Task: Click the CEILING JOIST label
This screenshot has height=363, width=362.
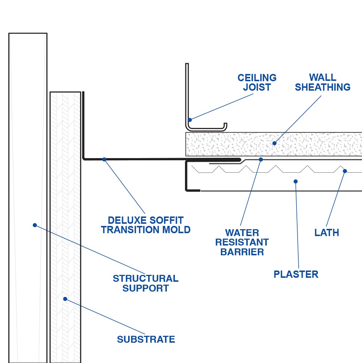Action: click(x=257, y=83)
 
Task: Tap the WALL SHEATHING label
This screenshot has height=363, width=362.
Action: click(x=323, y=83)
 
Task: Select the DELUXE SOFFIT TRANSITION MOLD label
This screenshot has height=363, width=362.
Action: click(x=146, y=225)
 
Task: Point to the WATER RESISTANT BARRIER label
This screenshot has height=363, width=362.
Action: click(x=242, y=242)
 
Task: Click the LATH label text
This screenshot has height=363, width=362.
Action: click(x=327, y=233)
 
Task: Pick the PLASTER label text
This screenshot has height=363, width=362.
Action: click(x=296, y=274)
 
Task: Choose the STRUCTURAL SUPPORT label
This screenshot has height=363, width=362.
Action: click(x=146, y=283)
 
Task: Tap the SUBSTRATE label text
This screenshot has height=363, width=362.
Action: click(x=146, y=339)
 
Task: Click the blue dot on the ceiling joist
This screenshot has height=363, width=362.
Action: click(x=190, y=120)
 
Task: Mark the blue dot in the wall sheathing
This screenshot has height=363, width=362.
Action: click(x=274, y=143)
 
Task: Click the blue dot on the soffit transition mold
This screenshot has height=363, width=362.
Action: click(x=104, y=159)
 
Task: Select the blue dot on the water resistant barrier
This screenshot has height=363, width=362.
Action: click(x=261, y=159)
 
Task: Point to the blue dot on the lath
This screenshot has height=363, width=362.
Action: click(x=345, y=171)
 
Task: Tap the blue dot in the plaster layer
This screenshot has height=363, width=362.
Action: click(x=295, y=181)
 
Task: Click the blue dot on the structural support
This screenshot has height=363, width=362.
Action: click(x=35, y=225)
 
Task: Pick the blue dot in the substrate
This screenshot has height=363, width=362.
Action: click(x=65, y=299)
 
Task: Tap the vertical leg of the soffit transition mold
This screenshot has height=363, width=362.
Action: click(x=83, y=123)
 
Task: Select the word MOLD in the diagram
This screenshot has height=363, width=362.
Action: click(x=176, y=230)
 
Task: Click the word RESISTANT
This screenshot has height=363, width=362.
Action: click(x=242, y=242)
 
